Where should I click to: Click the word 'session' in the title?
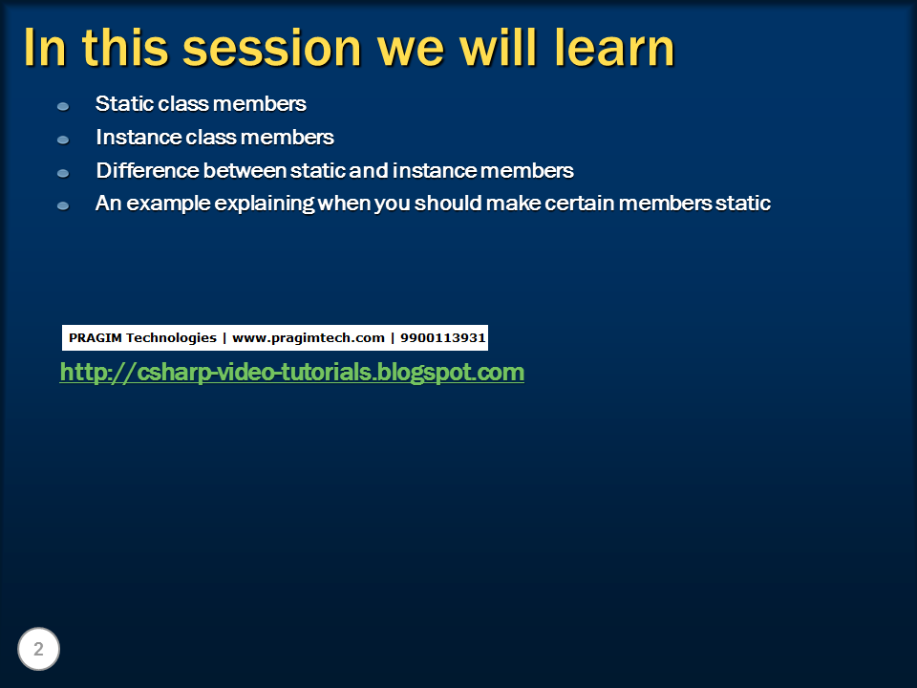click(x=272, y=49)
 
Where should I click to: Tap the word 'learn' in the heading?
click(x=614, y=48)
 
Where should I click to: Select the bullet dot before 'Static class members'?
click(x=63, y=106)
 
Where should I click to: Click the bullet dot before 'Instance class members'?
click(x=63, y=140)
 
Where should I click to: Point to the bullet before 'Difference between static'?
click(x=63, y=173)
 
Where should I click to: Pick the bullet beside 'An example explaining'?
click(x=63, y=206)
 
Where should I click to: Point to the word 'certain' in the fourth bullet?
click(x=580, y=203)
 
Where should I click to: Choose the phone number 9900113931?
click(x=442, y=337)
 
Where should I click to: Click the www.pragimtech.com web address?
click(x=309, y=338)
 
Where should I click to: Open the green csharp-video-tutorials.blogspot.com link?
click(x=292, y=373)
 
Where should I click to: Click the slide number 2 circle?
click(x=38, y=649)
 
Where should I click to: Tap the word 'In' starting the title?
click(x=45, y=48)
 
